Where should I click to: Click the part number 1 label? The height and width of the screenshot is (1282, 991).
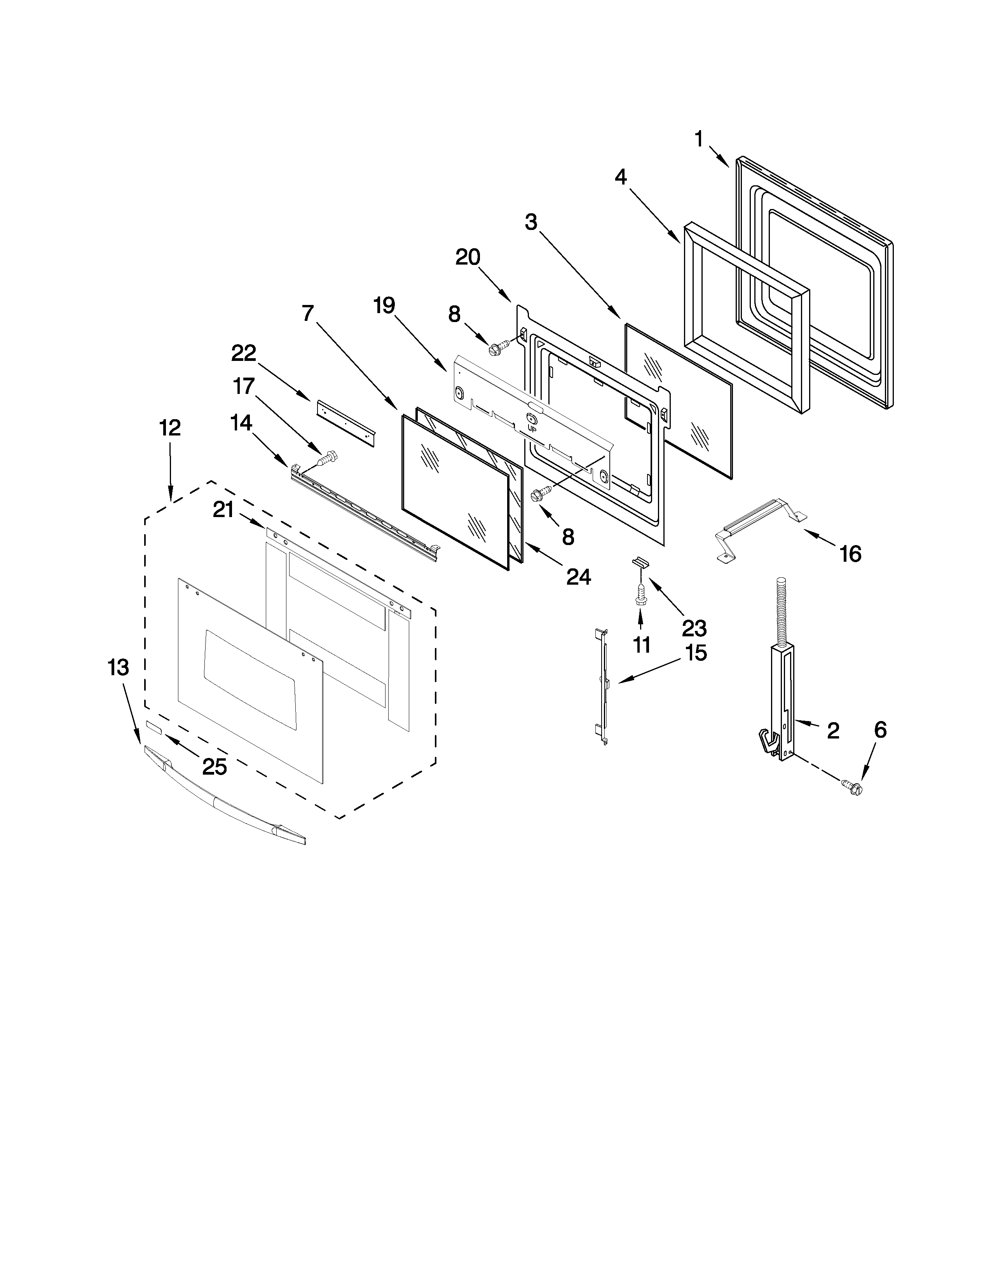click(699, 140)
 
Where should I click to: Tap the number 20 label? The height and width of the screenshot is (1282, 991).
click(468, 257)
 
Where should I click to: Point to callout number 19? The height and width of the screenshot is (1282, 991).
click(384, 306)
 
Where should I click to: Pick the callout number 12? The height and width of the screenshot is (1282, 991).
click(170, 428)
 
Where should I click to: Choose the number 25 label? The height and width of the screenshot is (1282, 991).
click(214, 766)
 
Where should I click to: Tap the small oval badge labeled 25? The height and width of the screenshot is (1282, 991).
click(154, 728)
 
